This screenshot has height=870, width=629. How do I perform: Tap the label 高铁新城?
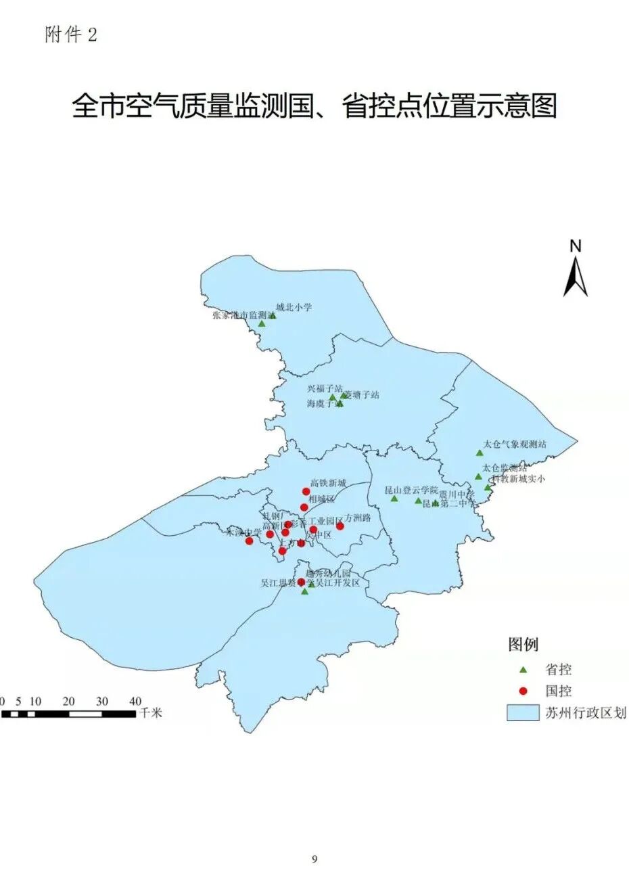coord(328,483)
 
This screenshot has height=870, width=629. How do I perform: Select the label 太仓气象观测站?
coord(515,444)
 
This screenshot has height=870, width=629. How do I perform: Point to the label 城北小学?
coord(294,307)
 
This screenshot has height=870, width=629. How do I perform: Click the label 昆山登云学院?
coord(411,490)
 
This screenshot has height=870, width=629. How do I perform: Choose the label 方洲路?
coord(358,518)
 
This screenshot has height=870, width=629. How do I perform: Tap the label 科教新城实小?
coord(518,478)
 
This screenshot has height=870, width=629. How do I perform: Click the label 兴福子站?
coord(325,389)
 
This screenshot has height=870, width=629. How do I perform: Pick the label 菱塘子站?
coord(362,394)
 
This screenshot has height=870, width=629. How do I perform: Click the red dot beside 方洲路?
coord(340,526)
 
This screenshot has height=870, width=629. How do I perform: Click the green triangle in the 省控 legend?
coord(522,670)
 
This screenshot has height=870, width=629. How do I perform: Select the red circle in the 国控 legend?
coord(522,691)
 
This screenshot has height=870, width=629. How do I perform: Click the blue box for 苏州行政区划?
coord(522,712)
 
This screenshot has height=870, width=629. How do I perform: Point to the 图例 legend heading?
coord(523,645)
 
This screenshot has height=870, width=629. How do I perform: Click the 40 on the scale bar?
coord(135,701)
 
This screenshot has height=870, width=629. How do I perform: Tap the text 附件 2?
coord(71,35)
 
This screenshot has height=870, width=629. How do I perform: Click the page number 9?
coord(314,859)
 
